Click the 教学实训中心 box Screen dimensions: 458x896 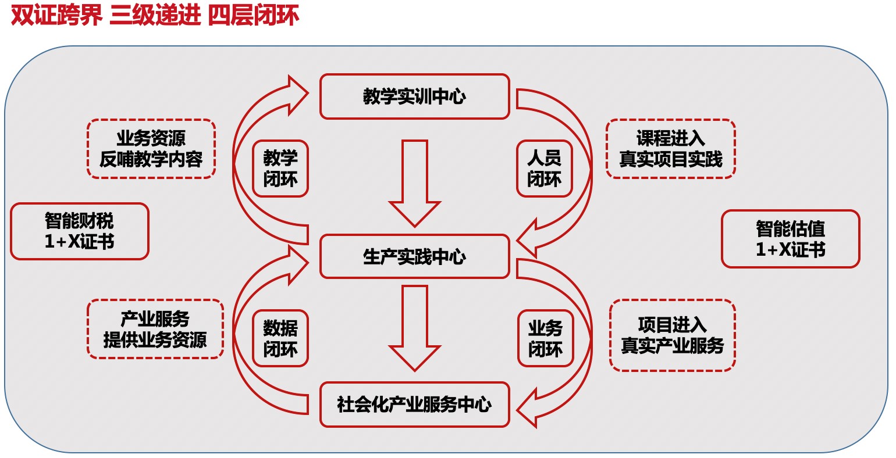[414, 96]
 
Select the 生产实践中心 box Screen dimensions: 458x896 [414, 256]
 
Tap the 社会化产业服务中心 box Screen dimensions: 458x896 [414, 405]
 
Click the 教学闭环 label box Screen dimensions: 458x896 [280, 169]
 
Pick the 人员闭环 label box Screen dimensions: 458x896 [544, 169]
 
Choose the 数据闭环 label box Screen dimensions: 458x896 [280, 338]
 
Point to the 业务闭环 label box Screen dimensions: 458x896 [545, 338]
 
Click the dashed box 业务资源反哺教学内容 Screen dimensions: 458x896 [151, 149]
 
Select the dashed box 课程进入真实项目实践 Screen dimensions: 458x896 [670, 149]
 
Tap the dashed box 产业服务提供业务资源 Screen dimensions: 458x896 [155, 329]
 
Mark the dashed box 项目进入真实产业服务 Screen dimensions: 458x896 [672, 335]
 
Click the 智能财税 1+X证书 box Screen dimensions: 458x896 [80, 231]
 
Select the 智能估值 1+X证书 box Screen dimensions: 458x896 [790, 239]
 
